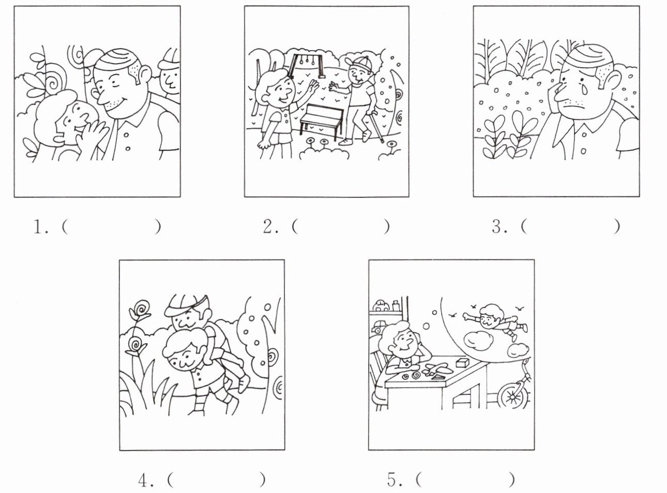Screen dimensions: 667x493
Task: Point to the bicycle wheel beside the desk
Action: tap(512, 396)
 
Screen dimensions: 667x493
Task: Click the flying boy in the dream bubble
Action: tap(495, 321)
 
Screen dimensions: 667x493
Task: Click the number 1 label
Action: tap(41, 227)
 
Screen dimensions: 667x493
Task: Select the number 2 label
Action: tap(270, 227)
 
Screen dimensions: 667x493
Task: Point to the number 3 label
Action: tap(499, 227)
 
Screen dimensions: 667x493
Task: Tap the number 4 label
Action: tap(146, 481)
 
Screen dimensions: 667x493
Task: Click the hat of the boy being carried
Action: tap(187, 304)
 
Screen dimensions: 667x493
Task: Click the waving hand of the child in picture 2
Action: tap(313, 87)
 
